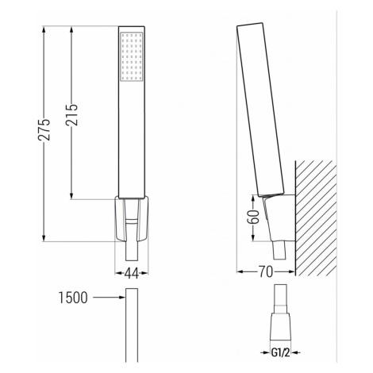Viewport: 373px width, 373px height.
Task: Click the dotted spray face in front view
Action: coord(131,58)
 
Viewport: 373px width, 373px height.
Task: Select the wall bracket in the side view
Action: coord(279,218)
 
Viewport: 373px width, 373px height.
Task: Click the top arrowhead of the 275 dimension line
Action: coord(44,29)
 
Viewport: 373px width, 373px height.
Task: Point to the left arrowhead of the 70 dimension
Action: coord(241,272)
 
